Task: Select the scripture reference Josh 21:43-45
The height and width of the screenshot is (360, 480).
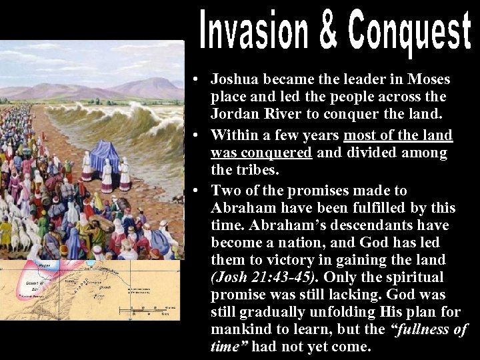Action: tap(261, 277)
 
